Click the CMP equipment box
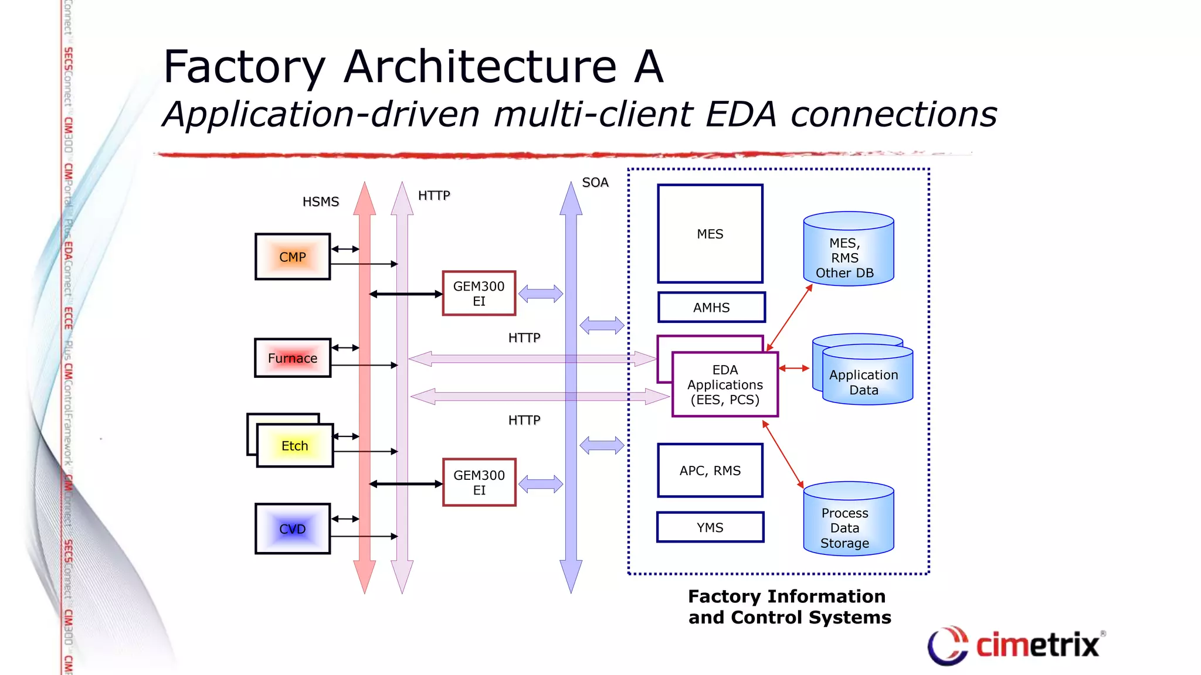(x=293, y=257)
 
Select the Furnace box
(x=293, y=358)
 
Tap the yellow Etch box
(x=295, y=446)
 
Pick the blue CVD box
(x=293, y=529)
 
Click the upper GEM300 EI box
(x=479, y=294)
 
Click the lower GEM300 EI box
(x=479, y=482)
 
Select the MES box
(x=710, y=234)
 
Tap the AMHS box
(x=711, y=308)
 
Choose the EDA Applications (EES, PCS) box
(x=725, y=385)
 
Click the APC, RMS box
(x=710, y=471)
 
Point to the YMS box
(x=710, y=527)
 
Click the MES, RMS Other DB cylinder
(x=848, y=252)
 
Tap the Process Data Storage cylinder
(x=848, y=521)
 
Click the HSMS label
(x=321, y=202)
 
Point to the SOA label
(x=595, y=182)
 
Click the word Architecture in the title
(x=480, y=66)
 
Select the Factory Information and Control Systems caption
(x=789, y=607)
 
